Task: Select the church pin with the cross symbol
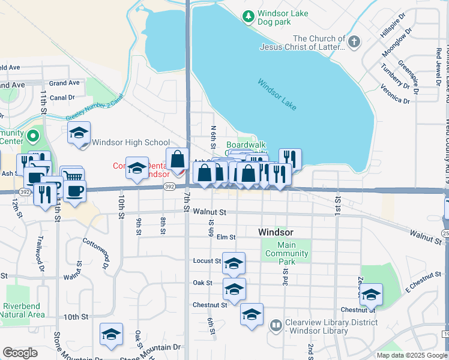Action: tap(354, 41)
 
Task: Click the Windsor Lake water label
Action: tap(277, 94)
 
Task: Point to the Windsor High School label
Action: tap(131, 143)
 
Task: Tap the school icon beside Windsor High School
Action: tap(79, 134)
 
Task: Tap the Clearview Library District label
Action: tap(331, 322)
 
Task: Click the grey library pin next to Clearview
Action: tap(276, 326)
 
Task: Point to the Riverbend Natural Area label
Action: tap(23, 310)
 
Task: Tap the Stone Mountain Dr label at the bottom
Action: tap(150, 347)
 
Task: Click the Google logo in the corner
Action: tap(20, 353)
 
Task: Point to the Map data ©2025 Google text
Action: tap(411, 355)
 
